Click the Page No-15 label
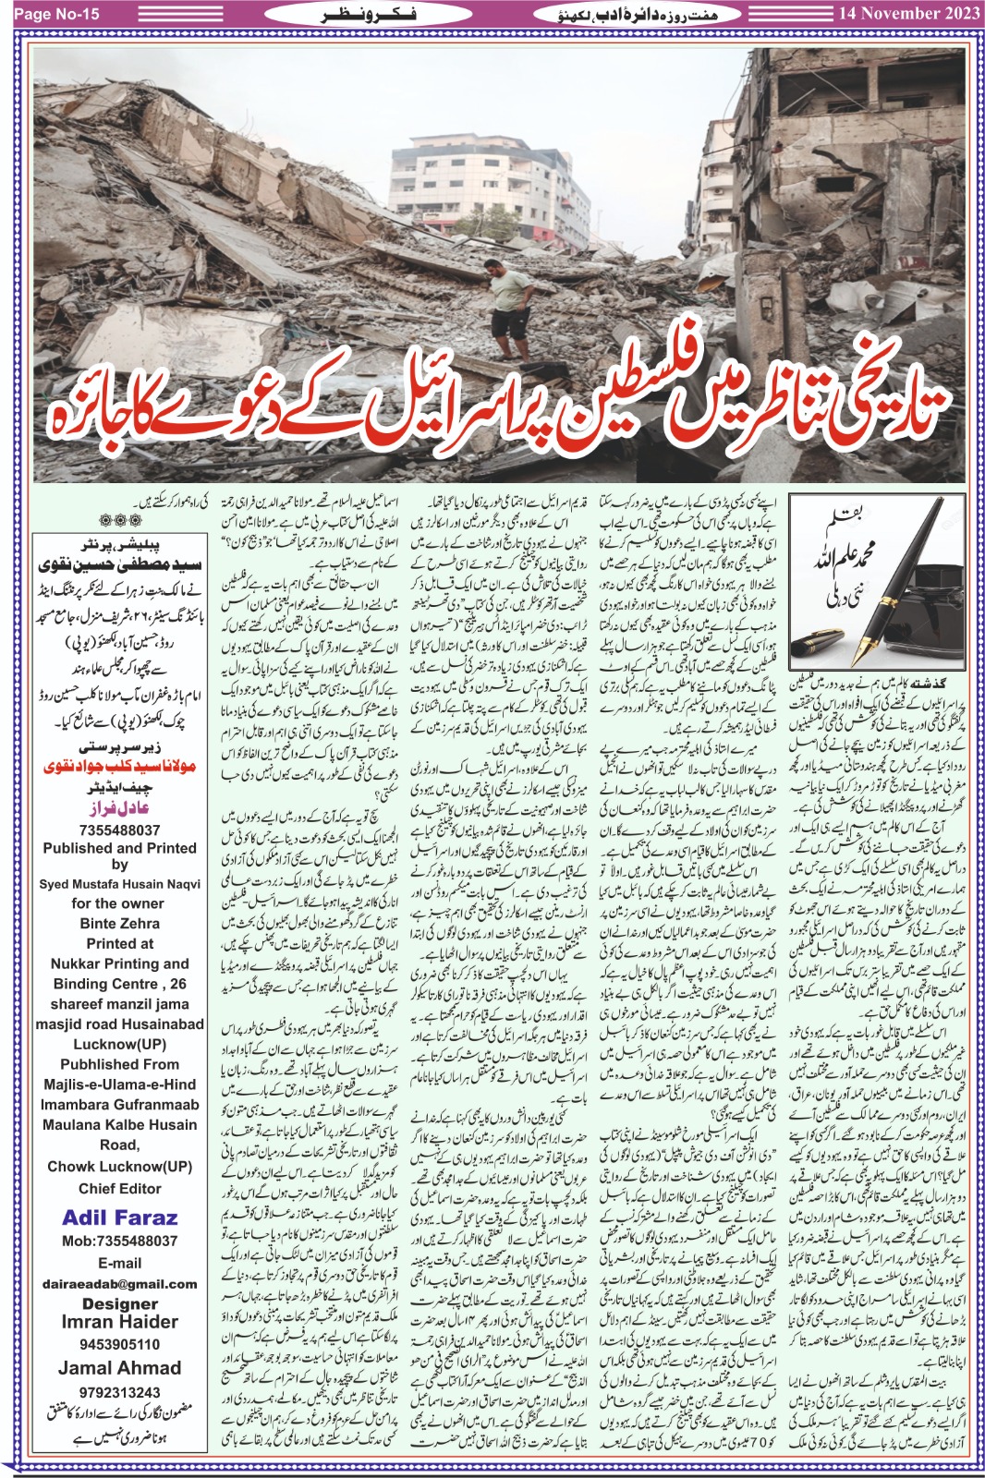coord(56,14)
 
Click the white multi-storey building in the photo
coord(490,185)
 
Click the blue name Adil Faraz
coord(119,1218)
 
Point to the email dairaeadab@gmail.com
coord(119,1284)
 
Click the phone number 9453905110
coord(119,1345)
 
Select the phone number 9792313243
coord(119,1392)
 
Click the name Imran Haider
coord(119,1323)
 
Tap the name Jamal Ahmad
coord(119,1368)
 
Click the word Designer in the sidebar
coord(119,1303)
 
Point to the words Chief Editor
coord(119,1189)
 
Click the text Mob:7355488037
coord(119,1242)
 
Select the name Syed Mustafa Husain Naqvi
coord(119,884)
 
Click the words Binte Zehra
coord(119,924)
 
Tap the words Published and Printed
coord(119,848)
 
